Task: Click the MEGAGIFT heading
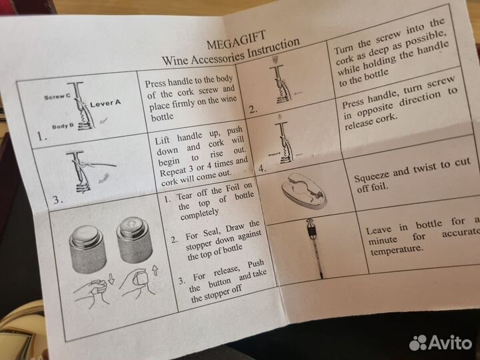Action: coord(236,40)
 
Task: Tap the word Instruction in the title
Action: coord(273,48)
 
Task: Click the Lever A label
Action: coord(105,103)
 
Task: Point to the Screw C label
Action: coord(57,97)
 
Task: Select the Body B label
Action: coord(63,126)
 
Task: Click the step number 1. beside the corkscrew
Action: coord(42,135)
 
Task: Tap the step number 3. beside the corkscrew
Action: coord(58,200)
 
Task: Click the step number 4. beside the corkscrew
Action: coord(263,169)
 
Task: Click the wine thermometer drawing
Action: coord(315,247)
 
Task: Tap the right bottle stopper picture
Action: coord(135,239)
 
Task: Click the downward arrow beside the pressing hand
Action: coord(111,279)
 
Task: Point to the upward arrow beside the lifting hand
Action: coord(155,270)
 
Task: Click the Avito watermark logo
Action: coord(441,342)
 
